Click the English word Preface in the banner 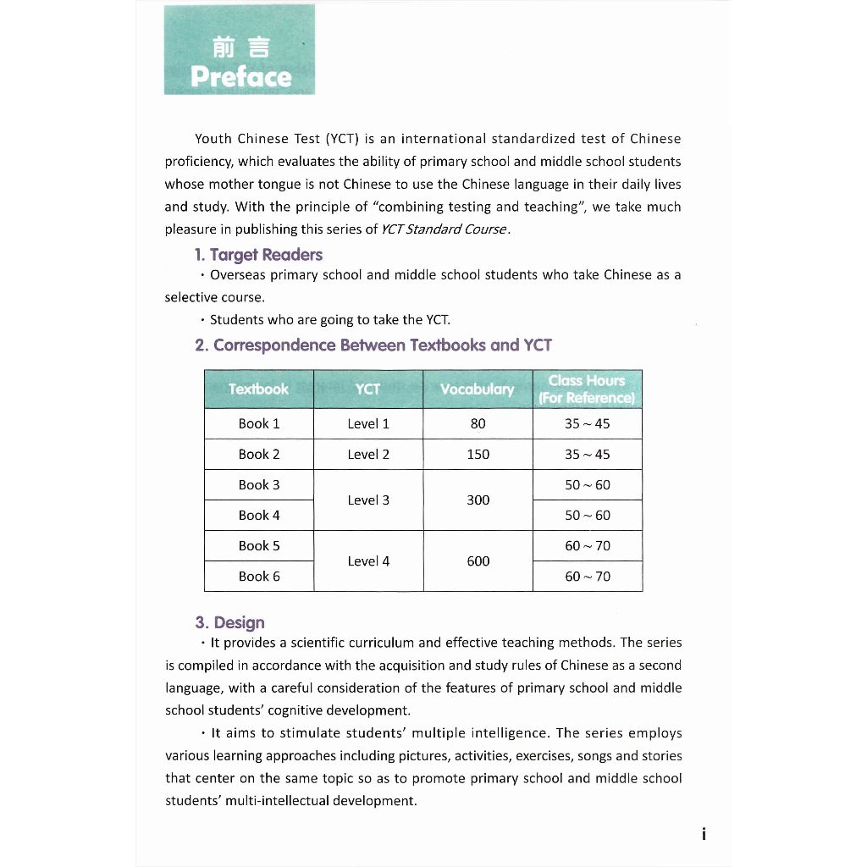point(240,77)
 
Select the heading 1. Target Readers point(258,255)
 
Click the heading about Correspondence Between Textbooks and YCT point(373,345)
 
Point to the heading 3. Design point(229,623)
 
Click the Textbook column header point(258,389)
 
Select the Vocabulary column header point(478,389)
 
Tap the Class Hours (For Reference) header point(587,389)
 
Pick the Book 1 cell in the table point(258,424)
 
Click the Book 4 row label point(258,516)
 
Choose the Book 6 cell point(258,577)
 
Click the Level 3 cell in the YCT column point(368,500)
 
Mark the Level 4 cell point(368,561)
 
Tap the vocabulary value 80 point(478,424)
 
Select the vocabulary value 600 point(478,561)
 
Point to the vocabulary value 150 point(478,455)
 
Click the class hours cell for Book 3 point(587,485)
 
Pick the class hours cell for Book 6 point(587,577)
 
